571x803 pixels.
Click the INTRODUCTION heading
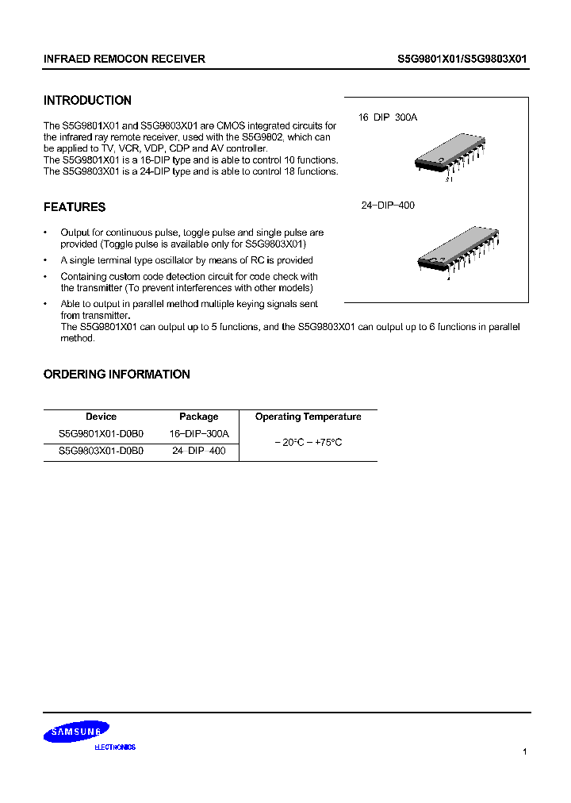[87, 101]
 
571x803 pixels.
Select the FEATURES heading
[75, 207]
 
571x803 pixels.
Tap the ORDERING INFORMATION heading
[117, 375]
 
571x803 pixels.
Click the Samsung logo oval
[76, 732]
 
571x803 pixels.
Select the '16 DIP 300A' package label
[387, 117]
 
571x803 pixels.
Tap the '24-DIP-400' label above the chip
[388, 206]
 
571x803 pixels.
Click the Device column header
[101, 417]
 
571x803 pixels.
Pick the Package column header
[198, 417]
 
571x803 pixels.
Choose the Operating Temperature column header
[308, 417]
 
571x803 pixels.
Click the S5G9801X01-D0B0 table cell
[101, 434]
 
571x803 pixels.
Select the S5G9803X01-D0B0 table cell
[101, 451]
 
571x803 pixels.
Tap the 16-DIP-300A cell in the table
[198, 434]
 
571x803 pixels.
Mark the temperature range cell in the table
[308, 442]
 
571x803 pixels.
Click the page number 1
[524, 751]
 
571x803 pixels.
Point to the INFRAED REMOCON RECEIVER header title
[125, 59]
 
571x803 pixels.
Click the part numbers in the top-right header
[462, 59]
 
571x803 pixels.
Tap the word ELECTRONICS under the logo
[115, 747]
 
